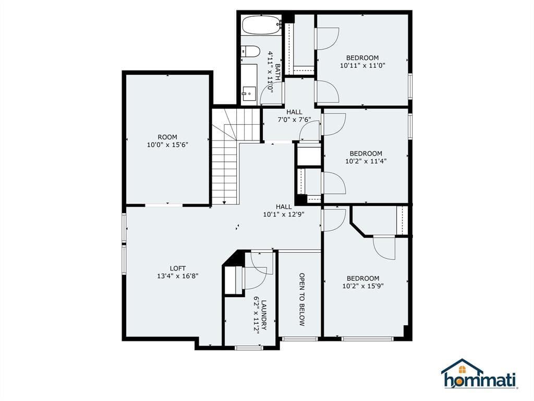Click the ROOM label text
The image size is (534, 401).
point(167,137)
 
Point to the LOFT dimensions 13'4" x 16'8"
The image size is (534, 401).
point(177,276)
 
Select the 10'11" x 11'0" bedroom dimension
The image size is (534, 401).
point(362,65)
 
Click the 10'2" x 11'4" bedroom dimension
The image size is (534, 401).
point(366,161)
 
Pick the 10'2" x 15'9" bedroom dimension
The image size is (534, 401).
point(363,286)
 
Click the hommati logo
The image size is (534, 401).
point(479,374)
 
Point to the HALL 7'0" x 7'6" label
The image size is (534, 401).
point(294,115)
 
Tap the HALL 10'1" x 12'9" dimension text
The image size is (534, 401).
point(284,215)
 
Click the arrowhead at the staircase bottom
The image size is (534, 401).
point(224,202)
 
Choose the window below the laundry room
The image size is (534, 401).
point(249,348)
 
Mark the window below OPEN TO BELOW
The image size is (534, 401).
point(300,339)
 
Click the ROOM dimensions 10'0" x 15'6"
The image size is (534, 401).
point(167,145)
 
